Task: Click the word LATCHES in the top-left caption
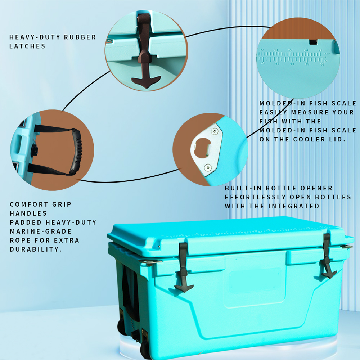[27, 46]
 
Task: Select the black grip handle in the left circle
[77, 151]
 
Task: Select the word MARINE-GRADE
[41, 231]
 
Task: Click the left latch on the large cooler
[184, 267]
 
